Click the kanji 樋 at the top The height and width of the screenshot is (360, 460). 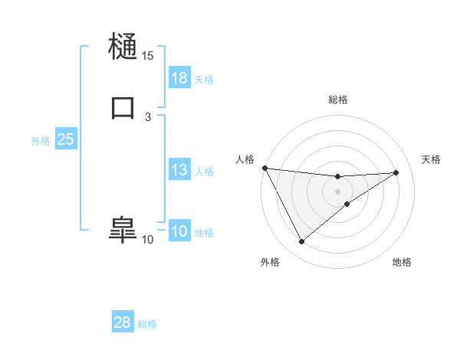(123, 47)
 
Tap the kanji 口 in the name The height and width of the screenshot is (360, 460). (123, 107)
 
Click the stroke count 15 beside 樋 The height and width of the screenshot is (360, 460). (147, 56)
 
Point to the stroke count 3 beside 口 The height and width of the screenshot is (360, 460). (147, 116)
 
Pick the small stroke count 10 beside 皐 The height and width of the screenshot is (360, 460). (147, 240)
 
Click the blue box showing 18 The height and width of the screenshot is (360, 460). (179, 78)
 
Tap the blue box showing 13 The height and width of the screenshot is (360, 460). (179, 171)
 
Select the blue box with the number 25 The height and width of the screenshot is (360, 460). (65, 139)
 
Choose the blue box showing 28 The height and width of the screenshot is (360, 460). (123, 322)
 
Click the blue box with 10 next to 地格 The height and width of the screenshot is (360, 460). (179, 232)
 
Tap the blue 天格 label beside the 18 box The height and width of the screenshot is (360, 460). (204, 79)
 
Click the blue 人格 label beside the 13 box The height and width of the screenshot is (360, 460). (204, 172)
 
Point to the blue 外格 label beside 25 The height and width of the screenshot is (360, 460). (41, 140)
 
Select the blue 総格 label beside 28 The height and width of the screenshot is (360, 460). (147, 323)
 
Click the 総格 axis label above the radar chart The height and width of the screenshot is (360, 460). (337, 100)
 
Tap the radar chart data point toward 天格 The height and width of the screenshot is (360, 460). (396, 172)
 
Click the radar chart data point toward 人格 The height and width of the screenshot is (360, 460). (264, 168)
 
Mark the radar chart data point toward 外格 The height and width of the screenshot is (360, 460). (301, 242)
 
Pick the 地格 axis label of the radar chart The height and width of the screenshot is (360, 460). (402, 263)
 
